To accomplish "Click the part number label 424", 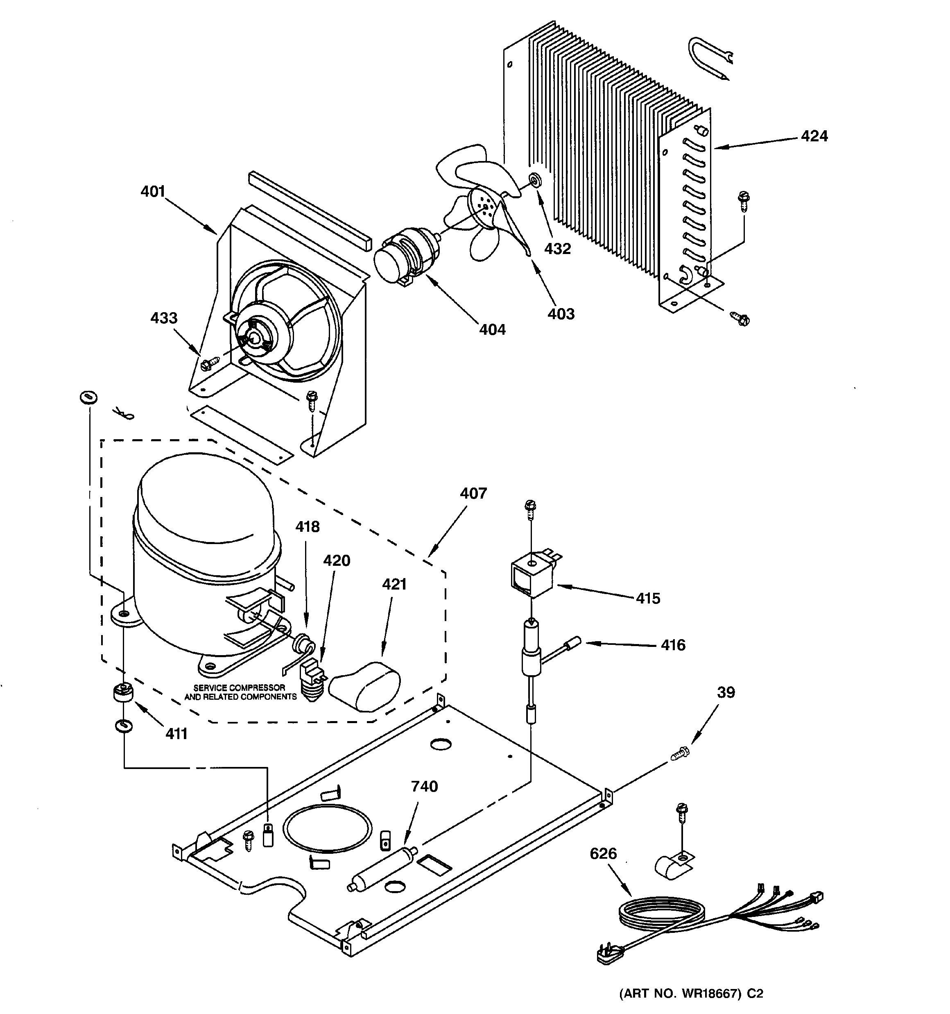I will [x=814, y=136].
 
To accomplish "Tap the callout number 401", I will [x=153, y=192].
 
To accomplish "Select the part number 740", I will [x=424, y=786].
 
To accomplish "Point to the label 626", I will [x=603, y=853].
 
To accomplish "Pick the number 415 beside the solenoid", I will [x=648, y=598].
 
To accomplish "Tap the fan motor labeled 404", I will [x=405, y=258].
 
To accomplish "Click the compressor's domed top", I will [x=204, y=500].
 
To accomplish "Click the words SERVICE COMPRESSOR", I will [x=239, y=687].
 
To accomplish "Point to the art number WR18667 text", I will [x=691, y=994].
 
